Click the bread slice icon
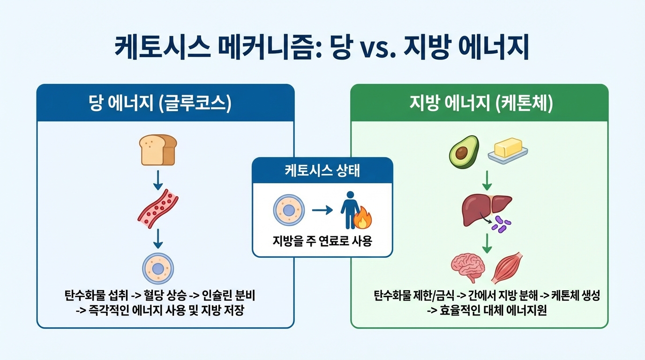coord(157,150)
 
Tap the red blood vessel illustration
coord(158,209)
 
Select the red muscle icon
coord(507,268)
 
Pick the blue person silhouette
coord(349,210)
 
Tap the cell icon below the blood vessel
coord(158,268)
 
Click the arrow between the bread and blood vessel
coord(158,179)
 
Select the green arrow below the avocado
coord(487,179)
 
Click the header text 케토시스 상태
coord(322,171)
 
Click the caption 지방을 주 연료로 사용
coord(322,241)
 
